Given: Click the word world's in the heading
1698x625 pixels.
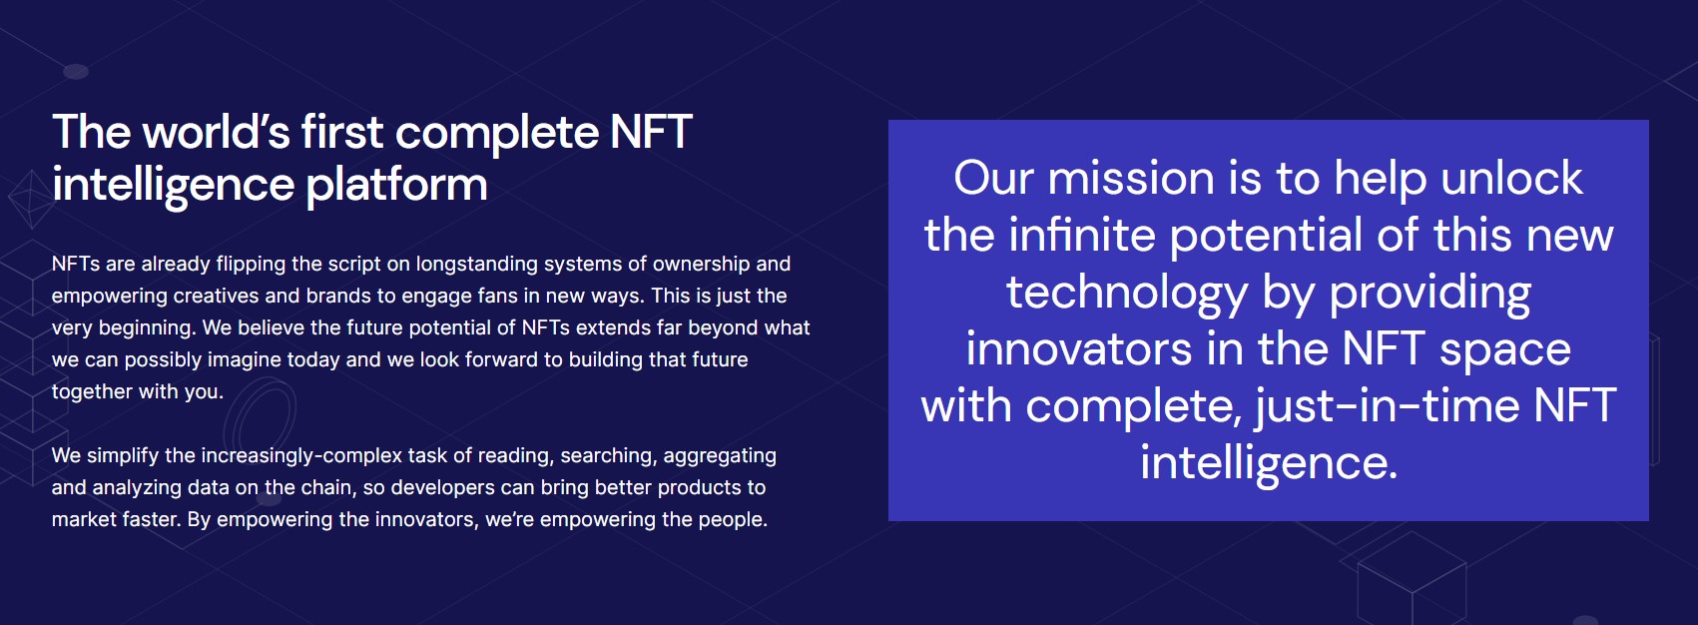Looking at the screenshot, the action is tap(216, 131).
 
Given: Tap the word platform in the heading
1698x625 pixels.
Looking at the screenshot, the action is tap(396, 186).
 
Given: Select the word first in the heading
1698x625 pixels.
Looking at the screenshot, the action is tap(341, 131).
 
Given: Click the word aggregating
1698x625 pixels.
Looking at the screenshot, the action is tap(720, 456).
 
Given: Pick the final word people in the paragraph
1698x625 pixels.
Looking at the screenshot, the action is tap(730, 520).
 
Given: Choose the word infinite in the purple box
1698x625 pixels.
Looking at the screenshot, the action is tap(1082, 236).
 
